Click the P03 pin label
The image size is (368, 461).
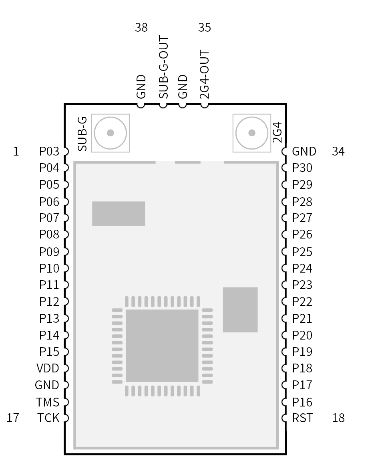[x=49, y=152]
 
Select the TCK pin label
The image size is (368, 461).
[x=48, y=418]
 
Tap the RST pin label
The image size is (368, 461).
[x=302, y=418]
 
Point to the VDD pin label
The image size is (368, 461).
[x=48, y=368]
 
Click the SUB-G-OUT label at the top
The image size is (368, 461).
[x=164, y=67]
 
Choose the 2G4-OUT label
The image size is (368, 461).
[x=204, y=75]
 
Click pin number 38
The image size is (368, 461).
[x=141, y=27]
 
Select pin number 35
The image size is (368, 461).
[x=205, y=27]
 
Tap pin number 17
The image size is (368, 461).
[x=13, y=418]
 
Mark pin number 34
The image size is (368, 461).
[x=338, y=152]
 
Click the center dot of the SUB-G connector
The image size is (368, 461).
[x=111, y=133]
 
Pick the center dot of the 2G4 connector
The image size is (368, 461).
[x=252, y=133]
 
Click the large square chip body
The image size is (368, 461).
[x=162, y=346]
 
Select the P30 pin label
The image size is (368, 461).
[x=302, y=168]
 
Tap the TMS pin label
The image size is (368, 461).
[x=48, y=402]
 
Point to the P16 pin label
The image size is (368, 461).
[x=302, y=402]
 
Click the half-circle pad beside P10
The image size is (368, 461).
[x=66, y=268]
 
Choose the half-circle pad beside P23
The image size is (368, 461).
[x=284, y=285]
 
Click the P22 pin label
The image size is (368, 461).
[x=302, y=301]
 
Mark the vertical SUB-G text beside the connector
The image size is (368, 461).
[x=82, y=134]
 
